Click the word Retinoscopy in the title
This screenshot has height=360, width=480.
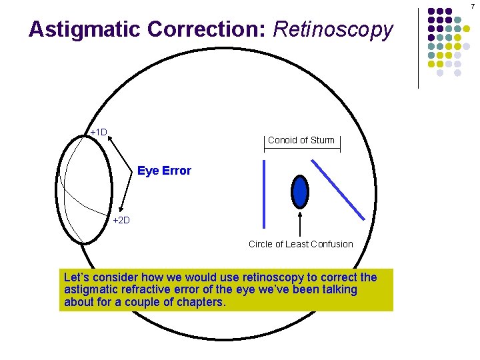(x=333, y=29)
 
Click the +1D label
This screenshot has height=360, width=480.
(x=99, y=132)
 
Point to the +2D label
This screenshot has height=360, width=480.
(x=121, y=220)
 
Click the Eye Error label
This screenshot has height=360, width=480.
(x=164, y=171)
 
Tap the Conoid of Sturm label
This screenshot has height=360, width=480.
(x=301, y=140)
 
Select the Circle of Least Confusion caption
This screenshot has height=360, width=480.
(x=301, y=244)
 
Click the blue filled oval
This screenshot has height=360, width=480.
(x=301, y=191)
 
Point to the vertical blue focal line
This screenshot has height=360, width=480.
(x=265, y=195)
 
